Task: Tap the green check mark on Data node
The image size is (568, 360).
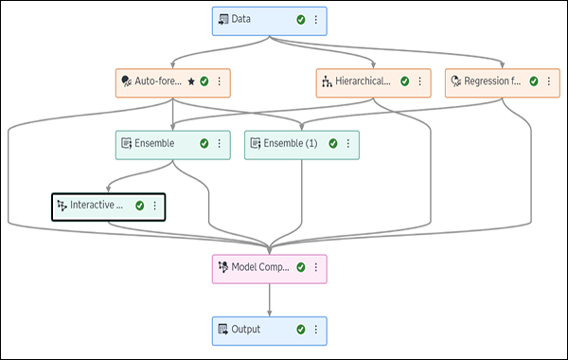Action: pos(300,19)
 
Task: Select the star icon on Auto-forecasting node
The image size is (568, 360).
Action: pos(190,81)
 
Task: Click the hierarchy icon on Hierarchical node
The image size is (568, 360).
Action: pos(328,81)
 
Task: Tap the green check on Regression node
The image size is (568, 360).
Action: pos(534,81)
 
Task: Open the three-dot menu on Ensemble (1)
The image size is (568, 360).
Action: pos(347,143)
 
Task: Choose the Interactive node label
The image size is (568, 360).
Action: pos(97,205)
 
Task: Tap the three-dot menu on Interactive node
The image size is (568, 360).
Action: pos(154,205)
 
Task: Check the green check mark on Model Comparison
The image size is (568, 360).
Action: pos(301,267)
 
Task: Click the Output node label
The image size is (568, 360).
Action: pos(246,329)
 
